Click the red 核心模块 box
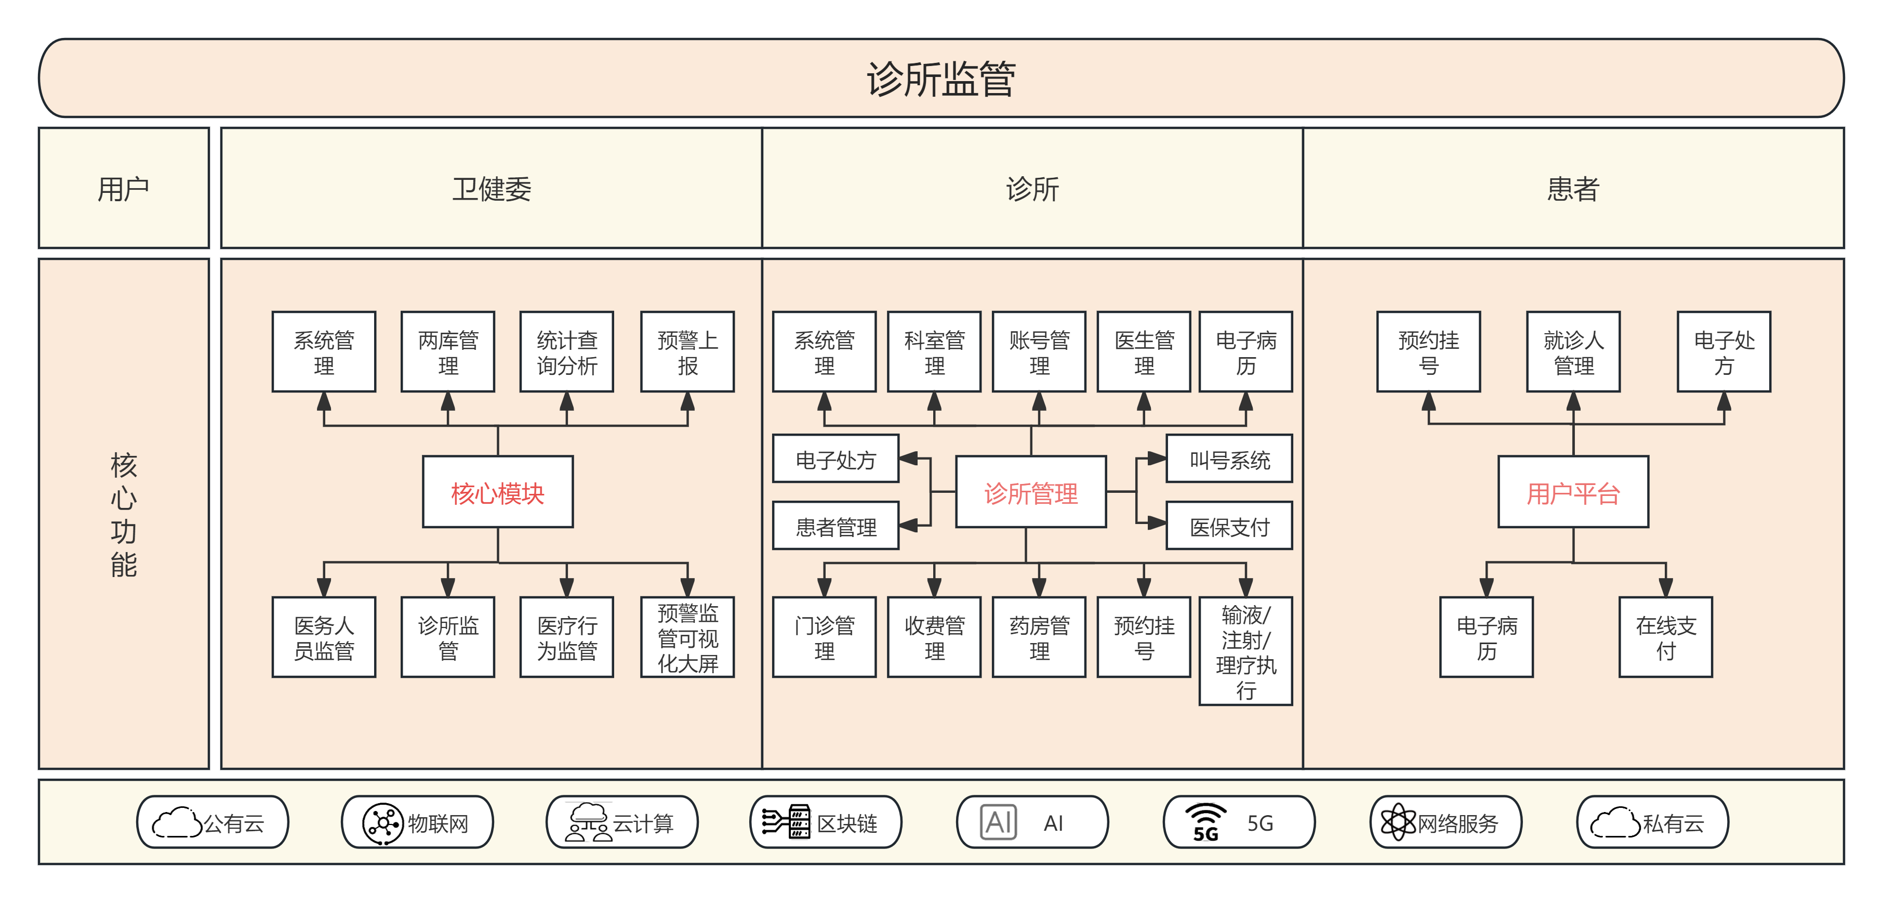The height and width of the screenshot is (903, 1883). coord(498,492)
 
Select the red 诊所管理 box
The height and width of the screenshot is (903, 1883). coord(1031,492)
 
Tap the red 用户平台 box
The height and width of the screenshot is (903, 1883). coord(1573,492)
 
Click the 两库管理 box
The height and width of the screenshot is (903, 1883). coord(448,352)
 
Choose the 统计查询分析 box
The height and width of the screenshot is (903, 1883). coord(566,352)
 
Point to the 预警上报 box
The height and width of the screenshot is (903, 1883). coord(687,352)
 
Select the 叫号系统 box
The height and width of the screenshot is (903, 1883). coord(1229,459)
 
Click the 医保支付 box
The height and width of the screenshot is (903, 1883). coord(1229,526)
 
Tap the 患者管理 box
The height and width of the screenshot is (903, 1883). coord(836,526)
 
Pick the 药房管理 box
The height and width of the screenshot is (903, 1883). coord(1039,637)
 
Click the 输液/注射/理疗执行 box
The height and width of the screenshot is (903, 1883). coord(1245,651)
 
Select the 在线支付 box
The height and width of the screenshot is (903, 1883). coord(1665,637)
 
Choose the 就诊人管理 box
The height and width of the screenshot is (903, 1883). coord(1573,352)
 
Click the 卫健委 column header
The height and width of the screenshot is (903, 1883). coord(491,189)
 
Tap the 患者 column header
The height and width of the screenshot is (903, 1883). coord(1573,189)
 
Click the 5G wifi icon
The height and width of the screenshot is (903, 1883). coord(1205,822)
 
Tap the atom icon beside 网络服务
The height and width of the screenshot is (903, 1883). coord(1398,822)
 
